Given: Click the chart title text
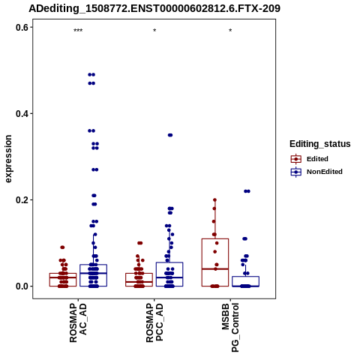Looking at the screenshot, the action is [x=154, y=8].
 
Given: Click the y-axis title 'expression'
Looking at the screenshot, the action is [x=8, y=159].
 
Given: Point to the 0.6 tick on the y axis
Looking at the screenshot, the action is [x=22, y=28].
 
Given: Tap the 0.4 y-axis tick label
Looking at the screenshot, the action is [x=22, y=114].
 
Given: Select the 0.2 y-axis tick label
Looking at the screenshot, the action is [x=22, y=200].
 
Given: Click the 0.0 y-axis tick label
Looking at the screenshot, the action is [x=22, y=286].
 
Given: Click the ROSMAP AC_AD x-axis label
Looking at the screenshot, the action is [x=78, y=322].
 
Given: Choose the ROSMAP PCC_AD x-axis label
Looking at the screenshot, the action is [x=154, y=322].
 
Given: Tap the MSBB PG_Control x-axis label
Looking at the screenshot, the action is [x=230, y=328].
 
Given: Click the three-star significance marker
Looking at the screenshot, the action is [x=78, y=31].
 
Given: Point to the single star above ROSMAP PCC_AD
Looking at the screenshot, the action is [x=154, y=31].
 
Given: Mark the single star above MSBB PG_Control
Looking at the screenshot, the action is [x=230, y=31].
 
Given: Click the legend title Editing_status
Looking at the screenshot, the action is [x=320, y=144].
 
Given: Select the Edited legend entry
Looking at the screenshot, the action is [x=310, y=159].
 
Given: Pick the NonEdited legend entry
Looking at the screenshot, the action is [x=316, y=172].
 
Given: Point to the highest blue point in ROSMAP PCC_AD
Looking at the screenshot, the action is [x=170, y=135].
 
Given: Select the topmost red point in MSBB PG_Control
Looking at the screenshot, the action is [x=214, y=200].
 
